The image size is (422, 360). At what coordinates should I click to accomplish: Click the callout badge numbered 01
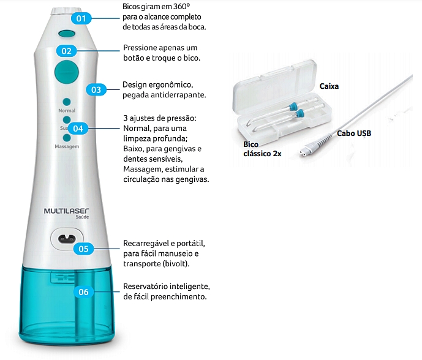(80, 18)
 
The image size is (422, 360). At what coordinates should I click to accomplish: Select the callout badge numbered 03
(96, 89)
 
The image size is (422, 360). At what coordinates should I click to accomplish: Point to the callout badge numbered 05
(83, 249)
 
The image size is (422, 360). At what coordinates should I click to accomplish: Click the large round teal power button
(66, 72)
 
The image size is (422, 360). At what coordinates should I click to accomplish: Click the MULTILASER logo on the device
(67, 211)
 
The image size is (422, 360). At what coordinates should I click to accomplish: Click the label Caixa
(329, 87)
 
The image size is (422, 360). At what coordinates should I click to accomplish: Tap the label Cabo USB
(354, 133)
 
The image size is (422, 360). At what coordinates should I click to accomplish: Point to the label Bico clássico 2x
(262, 149)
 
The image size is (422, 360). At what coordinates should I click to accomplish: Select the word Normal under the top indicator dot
(67, 111)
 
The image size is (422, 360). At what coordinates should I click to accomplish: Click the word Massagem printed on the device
(66, 148)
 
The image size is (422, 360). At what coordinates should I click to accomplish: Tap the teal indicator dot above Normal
(66, 102)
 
